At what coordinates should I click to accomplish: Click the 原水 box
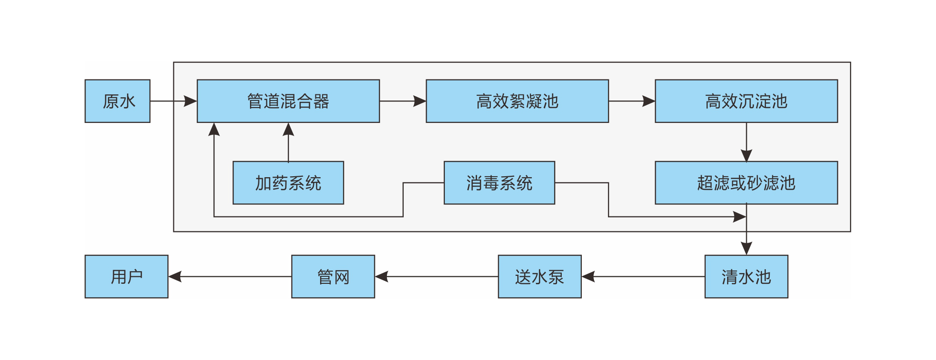[x=117, y=101]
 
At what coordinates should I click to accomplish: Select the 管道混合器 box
[x=288, y=101]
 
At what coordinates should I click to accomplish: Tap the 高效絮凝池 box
[x=517, y=101]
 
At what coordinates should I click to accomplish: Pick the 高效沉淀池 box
[x=746, y=101]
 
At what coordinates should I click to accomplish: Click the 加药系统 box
[x=288, y=183]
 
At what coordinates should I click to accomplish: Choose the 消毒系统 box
[x=499, y=183]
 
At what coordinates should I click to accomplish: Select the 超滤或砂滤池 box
[x=746, y=183]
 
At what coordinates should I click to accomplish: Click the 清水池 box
[x=746, y=276]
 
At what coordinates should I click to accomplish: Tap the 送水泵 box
[x=539, y=276]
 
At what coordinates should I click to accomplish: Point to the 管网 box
[x=333, y=276]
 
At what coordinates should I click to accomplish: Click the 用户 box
[x=126, y=276]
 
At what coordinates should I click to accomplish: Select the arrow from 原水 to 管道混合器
[x=173, y=101]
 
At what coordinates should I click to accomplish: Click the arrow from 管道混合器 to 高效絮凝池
[x=402, y=101]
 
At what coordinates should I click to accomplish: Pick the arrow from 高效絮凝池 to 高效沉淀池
[x=631, y=101]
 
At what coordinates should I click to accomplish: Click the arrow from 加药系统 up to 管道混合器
[x=288, y=142]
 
